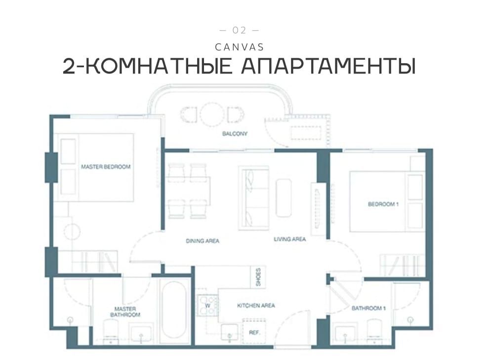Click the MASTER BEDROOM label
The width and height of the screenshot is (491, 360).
click(106, 166)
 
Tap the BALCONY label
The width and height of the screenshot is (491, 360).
click(235, 134)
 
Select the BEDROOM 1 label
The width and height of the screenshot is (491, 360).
click(383, 204)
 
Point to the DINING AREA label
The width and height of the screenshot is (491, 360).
click(203, 240)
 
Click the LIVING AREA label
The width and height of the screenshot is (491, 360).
click(290, 239)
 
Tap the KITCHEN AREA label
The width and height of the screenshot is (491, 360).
click(256, 305)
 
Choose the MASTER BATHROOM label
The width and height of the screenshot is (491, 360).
click(125, 312)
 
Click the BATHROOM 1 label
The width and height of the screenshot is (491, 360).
click(368, 308)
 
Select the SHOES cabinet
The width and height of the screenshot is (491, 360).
click(258, 277)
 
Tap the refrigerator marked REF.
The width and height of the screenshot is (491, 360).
click(254, 329)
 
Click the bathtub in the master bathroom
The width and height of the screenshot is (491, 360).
click(175, 310)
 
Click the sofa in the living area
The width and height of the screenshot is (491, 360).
click(253, 198)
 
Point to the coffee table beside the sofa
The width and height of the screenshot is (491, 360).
click(284, 198)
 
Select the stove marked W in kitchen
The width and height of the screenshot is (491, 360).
click(207, 305)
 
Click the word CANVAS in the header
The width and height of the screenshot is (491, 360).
click(240, 47)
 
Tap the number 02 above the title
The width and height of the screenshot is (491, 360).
click(240, 30)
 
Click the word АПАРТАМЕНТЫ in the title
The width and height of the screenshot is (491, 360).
click(328, 66)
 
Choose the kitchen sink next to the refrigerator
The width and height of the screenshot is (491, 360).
click(230, 332)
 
